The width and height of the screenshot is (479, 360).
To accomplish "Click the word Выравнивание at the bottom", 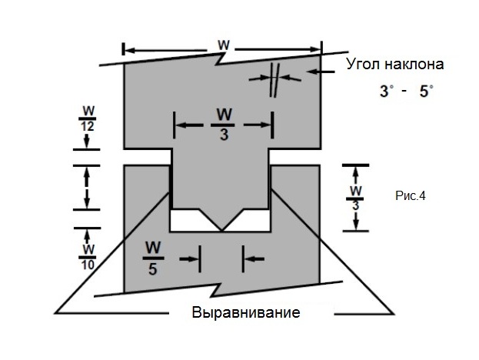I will [245, 314].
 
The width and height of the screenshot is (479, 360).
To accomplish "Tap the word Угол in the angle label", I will [364, 63].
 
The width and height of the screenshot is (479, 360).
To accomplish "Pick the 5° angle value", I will [424, 91].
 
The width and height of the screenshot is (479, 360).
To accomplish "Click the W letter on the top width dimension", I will [223, 45].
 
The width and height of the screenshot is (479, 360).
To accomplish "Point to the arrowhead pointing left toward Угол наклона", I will [309, 72].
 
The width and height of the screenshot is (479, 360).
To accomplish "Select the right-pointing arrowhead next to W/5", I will [196, 258].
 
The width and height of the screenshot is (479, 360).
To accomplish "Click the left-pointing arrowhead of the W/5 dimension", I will [248, 258].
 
